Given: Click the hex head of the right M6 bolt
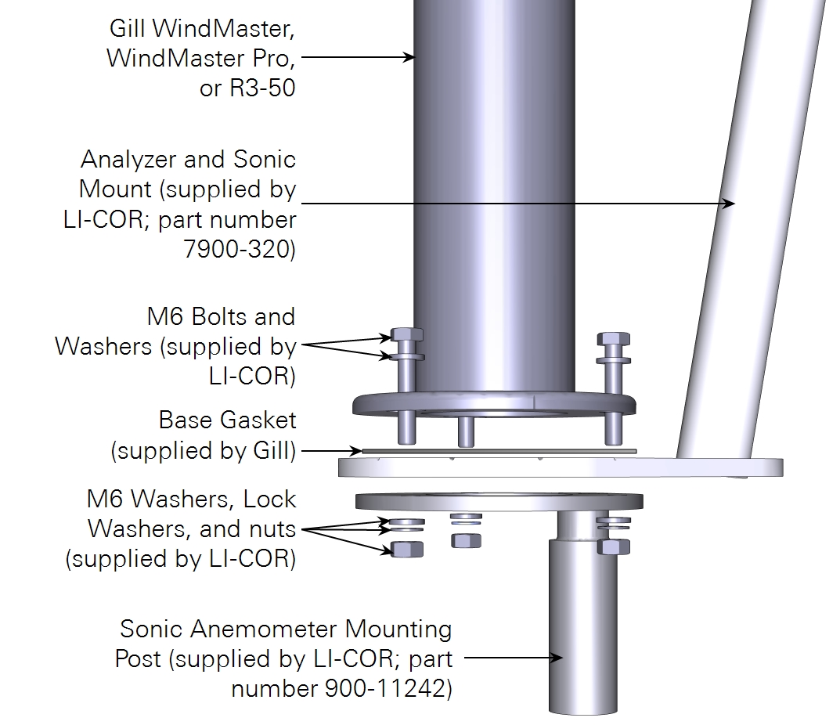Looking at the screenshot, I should pyautogui.click(x=613, y=340).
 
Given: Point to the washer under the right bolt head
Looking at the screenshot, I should pyautogui.click(x=613, y=360).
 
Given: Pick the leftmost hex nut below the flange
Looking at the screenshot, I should pyautogui.click(x=406, y=549).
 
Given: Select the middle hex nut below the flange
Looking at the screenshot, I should pyautogui.click(x=466, y=540).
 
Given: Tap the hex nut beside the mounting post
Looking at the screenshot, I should pyautogui.click(x=613, y=546).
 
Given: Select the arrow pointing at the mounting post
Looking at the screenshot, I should pyautogui.click(x=555, y=658).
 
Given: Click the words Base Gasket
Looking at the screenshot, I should pyautogui.click(x=227, y=420).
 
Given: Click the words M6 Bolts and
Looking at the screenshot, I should pyautogui.click(x=221, y=316).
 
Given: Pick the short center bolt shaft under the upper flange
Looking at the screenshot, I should pyautogui.click(x=466, y=430).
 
